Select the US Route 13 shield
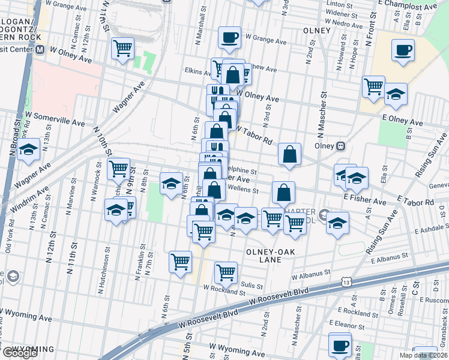345,281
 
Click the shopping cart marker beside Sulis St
226,272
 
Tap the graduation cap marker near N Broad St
28,151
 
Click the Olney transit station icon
340,145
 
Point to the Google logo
19,353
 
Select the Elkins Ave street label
196,71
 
